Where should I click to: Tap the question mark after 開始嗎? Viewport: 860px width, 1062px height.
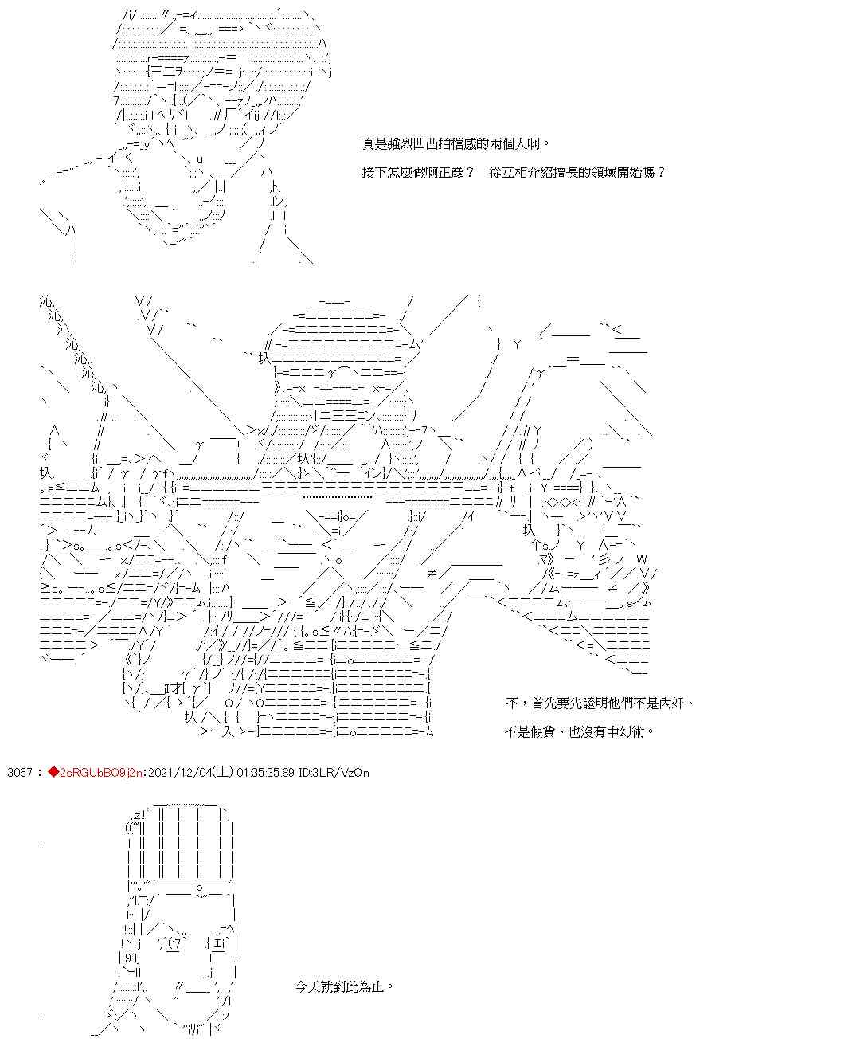click(661, 172)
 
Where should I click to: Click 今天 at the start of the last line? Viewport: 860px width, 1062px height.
click(306, 986)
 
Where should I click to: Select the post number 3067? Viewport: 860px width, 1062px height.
click(19, 772)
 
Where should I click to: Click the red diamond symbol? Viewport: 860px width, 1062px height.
click(53, 772)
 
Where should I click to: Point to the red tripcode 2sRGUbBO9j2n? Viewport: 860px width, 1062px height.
click(99, 772)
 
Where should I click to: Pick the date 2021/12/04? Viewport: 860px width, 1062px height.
click(175, 772)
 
